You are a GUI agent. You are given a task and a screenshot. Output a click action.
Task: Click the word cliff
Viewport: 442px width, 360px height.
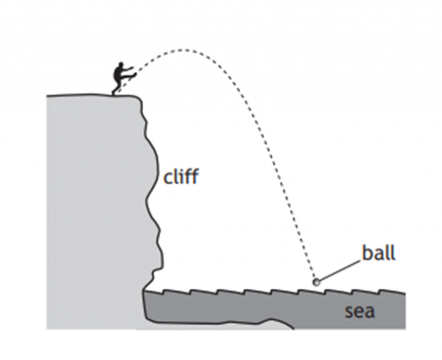click(x=181, y=176)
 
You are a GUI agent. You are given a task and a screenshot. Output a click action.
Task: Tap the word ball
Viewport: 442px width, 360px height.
click(x=380, y=253)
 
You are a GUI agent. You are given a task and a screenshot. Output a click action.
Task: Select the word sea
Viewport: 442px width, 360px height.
click(x=360, y=311)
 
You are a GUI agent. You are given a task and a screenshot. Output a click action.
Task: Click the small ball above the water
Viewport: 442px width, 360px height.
click(x=317, y=282)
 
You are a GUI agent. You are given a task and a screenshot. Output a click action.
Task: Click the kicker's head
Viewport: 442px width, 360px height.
click(x=119, y=65)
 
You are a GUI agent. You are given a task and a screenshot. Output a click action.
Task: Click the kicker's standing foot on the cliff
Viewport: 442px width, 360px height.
click(x=116, y=93)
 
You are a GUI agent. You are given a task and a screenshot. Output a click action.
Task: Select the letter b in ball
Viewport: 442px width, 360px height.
click(x=365, y=253)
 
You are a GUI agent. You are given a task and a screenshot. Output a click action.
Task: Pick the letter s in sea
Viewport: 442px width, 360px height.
click(x=349, y=312)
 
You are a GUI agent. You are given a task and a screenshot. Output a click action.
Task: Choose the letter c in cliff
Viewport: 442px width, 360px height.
click(x=168, y=178)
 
